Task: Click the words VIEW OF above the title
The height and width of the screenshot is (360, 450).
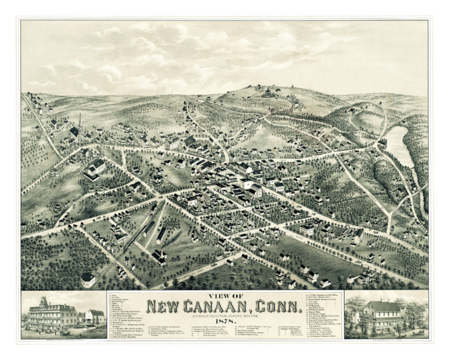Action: tap(224, 296)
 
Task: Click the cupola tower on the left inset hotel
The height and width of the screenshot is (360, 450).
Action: tap(43, 301)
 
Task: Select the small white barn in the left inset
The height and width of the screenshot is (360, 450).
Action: tap(94, 317)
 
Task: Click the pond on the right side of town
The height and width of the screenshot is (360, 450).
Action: tap(400, 146)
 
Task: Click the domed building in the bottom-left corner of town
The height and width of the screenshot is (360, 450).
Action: tap(88, 279)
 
